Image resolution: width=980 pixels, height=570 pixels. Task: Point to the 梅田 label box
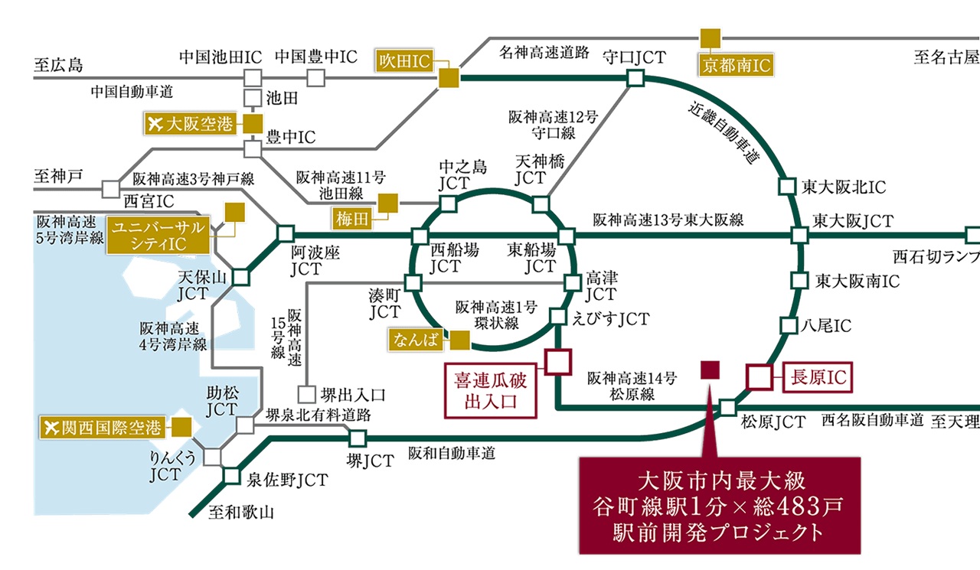(x=352, y=219)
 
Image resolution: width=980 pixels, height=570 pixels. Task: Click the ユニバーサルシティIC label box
(x=156, y=236)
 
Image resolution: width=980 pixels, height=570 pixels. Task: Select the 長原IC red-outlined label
(x=818, y=376)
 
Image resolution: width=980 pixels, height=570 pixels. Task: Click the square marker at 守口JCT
(x=634, y=78)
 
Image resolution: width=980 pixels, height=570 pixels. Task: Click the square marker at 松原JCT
(x=727, y=407)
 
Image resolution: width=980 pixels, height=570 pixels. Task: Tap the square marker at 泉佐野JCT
(x=232, y=476)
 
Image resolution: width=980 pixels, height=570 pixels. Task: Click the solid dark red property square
(x=710, y=370)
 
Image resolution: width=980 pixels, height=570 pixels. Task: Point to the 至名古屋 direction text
(x=946, y=57)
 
